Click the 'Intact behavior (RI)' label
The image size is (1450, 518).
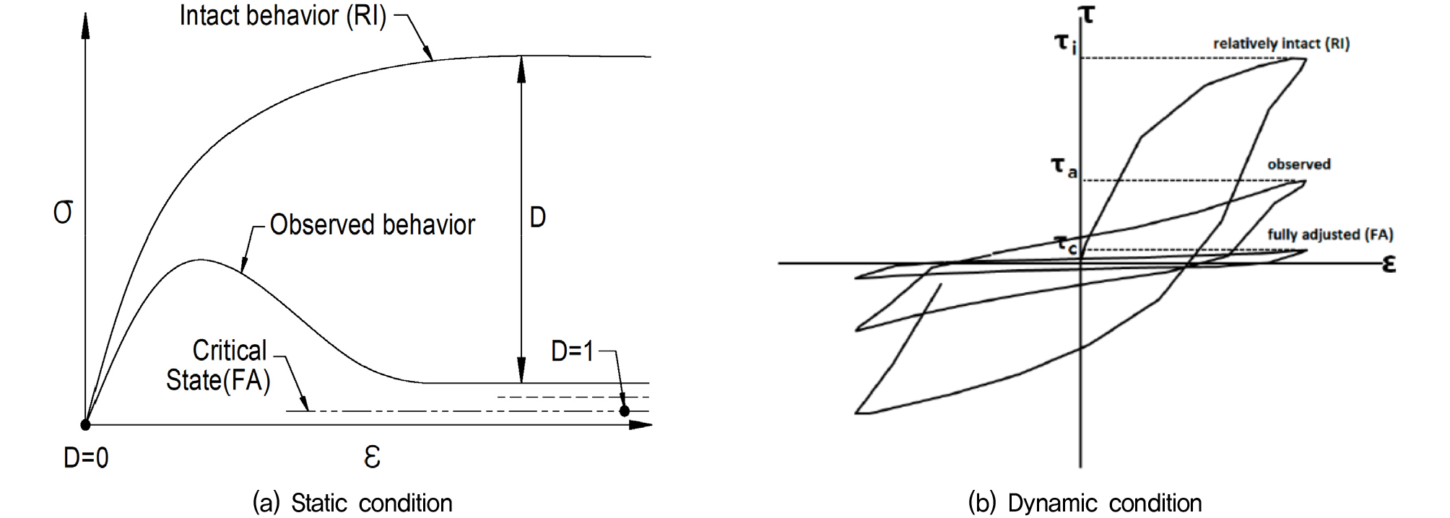coord(283,16)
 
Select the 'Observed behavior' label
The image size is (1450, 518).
coord(373,225)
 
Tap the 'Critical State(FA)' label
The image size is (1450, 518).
coord(218,365)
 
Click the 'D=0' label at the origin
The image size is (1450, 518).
coord(86,458)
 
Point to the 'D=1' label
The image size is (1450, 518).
coord(573,351)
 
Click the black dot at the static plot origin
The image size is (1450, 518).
coord(85,425)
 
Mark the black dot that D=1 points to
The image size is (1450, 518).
coord(625,411)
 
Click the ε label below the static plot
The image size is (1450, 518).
coord(372,457)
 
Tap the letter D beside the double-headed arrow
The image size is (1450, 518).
coord(537,217)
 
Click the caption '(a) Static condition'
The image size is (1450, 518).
coord(352,503)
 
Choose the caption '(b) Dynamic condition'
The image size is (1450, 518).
coord(1085,503)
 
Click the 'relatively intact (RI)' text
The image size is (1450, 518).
coord(1281,43)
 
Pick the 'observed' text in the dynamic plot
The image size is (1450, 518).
coord(1299,164)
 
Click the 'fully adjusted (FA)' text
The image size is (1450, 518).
coord(1330,234)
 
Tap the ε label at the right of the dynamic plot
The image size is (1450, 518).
coord(1389,264)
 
